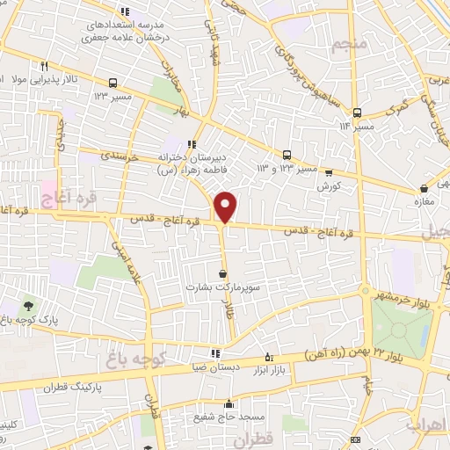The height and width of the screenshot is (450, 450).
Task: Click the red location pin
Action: tap(226, 207)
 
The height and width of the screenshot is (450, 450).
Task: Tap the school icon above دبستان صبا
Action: tap(216, 353)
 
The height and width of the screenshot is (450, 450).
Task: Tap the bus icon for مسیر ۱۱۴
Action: tap(357, 112)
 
